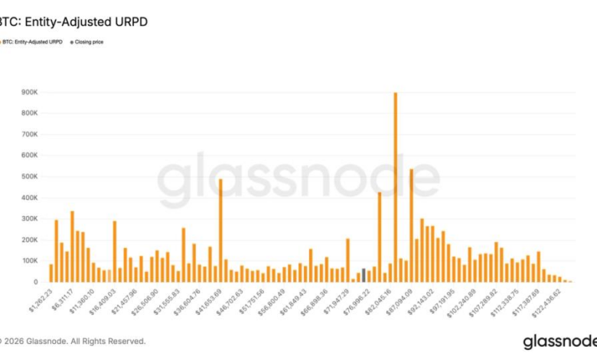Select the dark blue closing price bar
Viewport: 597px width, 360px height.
click(364, 276)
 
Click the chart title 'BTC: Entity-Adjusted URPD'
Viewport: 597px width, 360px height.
click(74, 22)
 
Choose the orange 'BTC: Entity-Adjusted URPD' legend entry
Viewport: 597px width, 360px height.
click(31, 42)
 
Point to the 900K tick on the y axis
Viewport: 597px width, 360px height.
click(30, 93)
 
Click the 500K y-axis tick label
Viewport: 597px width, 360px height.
click(30, 177)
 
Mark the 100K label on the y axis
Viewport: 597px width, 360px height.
click(30, 261)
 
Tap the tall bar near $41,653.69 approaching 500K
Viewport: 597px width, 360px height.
click(220, 231)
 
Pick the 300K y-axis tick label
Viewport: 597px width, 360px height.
click(30, 219)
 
